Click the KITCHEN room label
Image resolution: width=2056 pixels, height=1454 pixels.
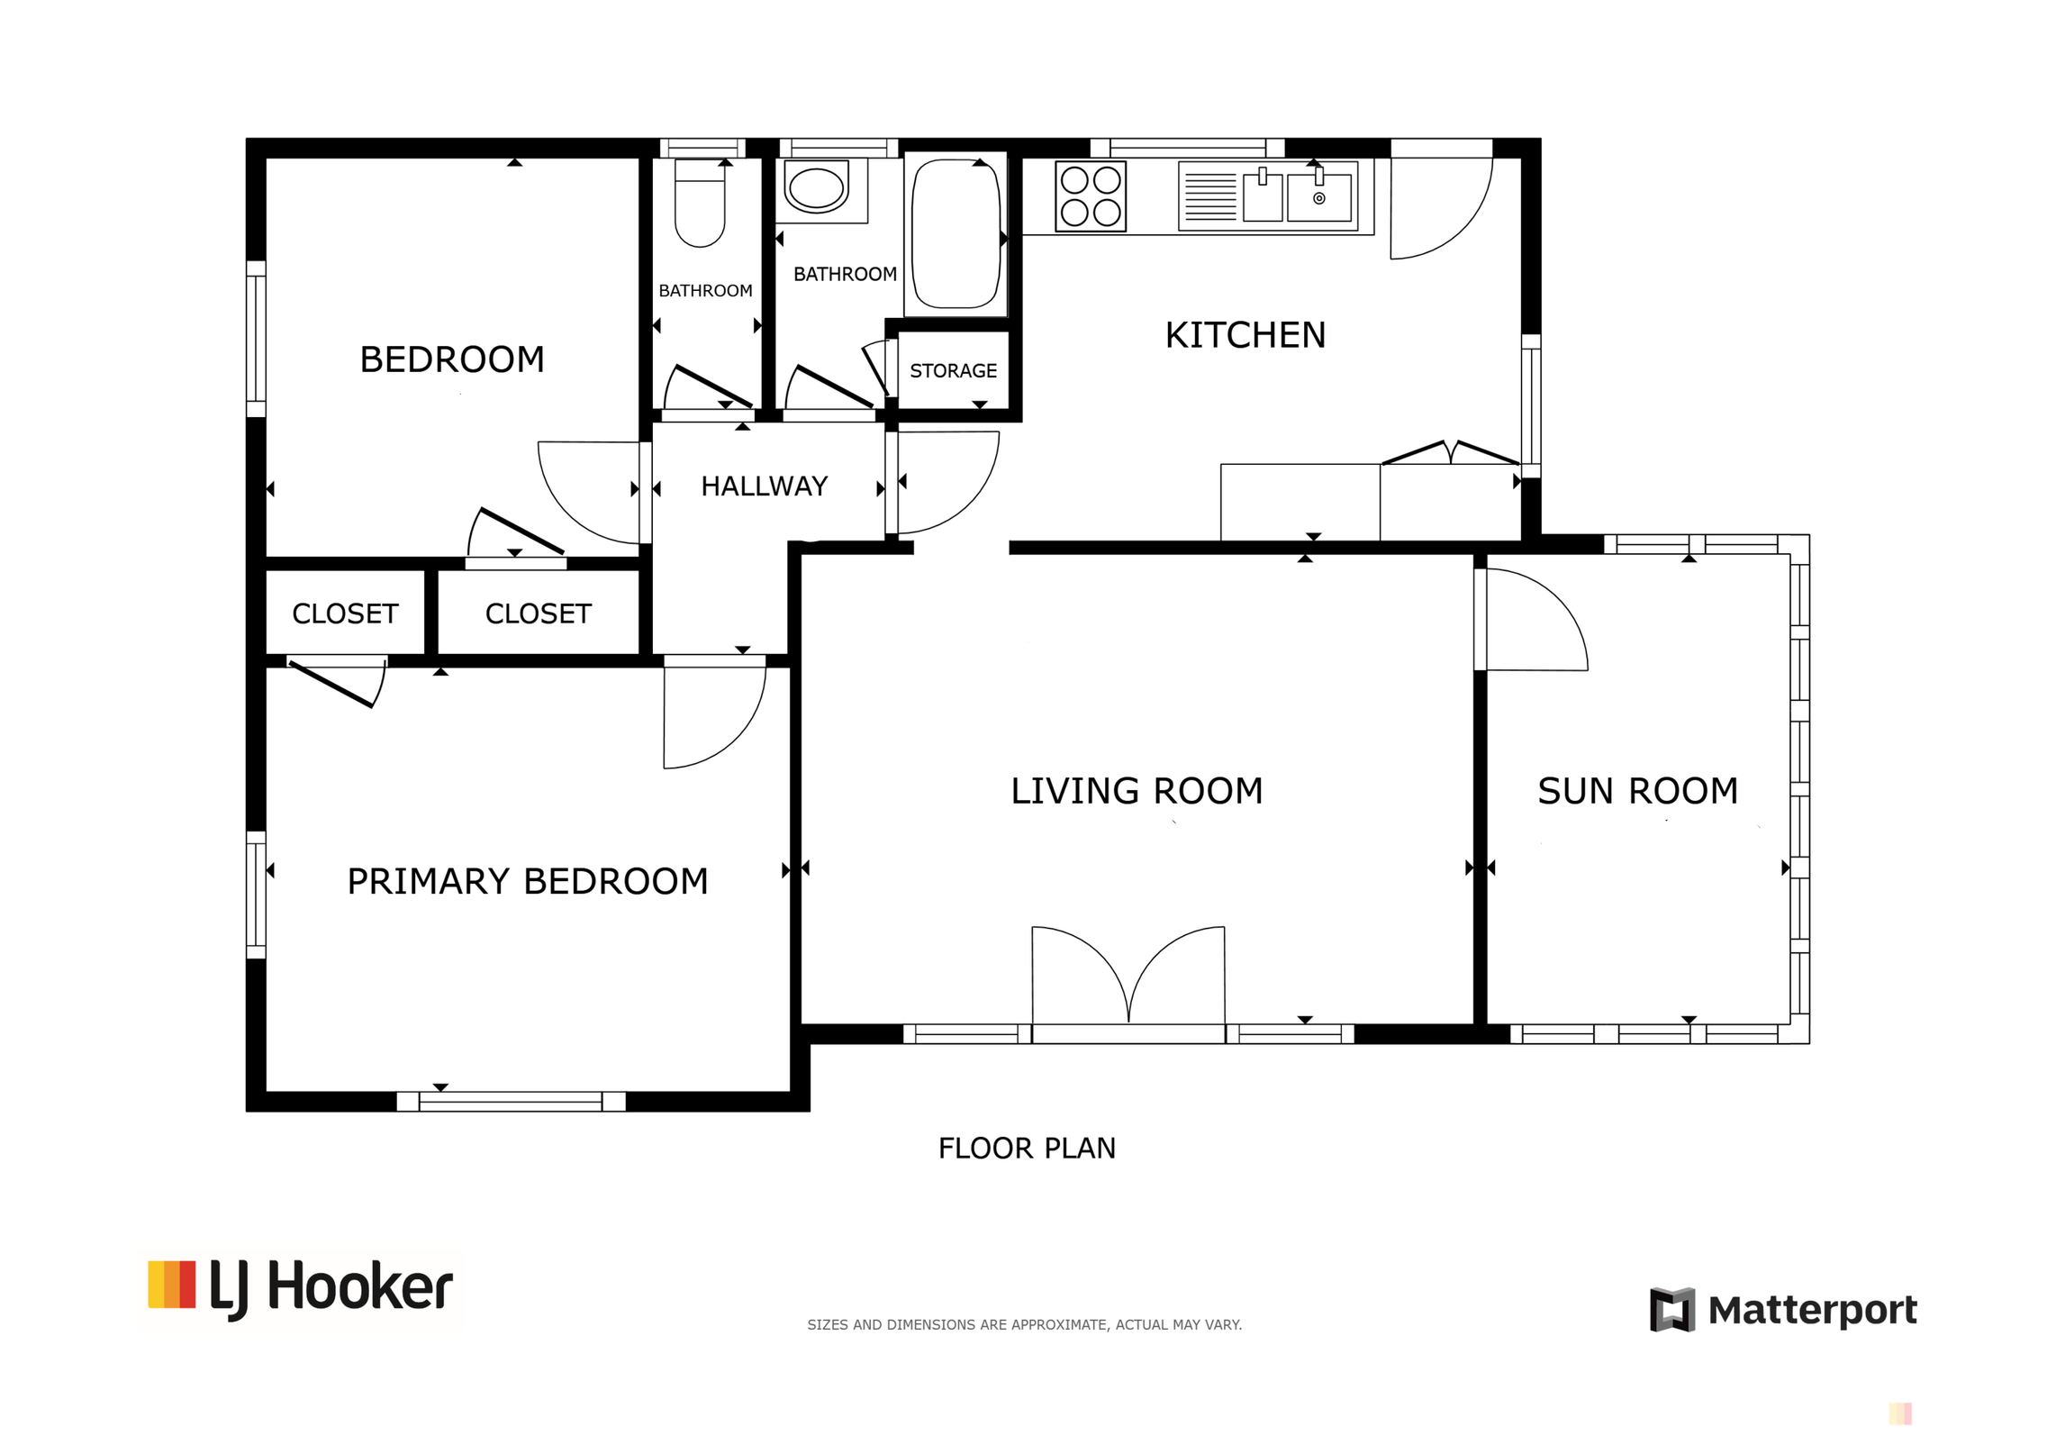tap(1245, 335)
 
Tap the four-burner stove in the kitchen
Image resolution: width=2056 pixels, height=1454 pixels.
tap(1091, 196)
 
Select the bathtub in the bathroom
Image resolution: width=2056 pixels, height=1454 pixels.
tap(956, 234)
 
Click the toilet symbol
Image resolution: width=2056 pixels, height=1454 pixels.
tap(700, 204)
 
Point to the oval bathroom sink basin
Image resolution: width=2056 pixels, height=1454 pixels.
tap(816, 187)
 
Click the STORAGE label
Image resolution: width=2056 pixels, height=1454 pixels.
tap(953, 371)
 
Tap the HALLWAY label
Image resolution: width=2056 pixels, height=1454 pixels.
tap(764, 486)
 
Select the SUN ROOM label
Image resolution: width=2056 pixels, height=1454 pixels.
tap(1637, 791)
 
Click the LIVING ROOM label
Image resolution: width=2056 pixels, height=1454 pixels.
tap(1137, 791)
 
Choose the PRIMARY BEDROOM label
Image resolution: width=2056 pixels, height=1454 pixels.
tap(528, 881)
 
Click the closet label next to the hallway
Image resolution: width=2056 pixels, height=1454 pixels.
tap(538, 613)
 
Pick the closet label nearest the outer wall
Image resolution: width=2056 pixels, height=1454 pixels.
tap(345, 613)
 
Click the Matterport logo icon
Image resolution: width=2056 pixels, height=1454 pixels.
tap(1671, 1310)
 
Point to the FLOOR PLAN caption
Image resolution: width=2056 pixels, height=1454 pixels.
tap(1027, 1148)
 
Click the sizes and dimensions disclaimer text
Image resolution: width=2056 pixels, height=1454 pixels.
tap(1024, 1324)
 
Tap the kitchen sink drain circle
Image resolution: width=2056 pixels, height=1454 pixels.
tap(1318, 198)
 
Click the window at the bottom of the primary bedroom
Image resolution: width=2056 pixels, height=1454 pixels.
tap(511, 1101)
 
